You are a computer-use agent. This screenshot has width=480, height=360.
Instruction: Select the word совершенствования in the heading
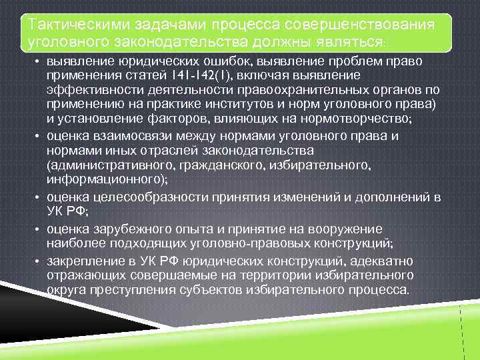click(361, 25)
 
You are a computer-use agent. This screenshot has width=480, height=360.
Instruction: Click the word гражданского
click(223, 165)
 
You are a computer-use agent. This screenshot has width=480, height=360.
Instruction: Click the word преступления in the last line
click(153, 290)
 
